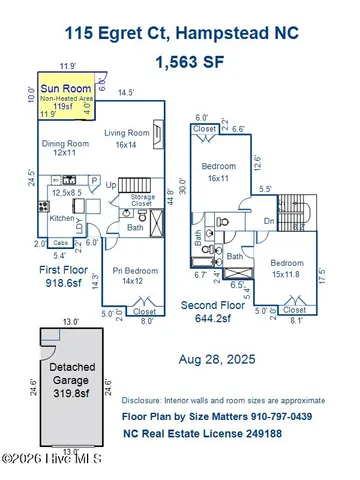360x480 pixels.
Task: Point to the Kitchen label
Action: pyautogui.click(x=63, y=217)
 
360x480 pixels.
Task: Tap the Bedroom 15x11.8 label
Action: pyautogui.click(x=286, y=265)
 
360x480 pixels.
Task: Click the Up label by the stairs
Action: pyautogui.click(x=112, y=186)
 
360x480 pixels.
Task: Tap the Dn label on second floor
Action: pyautogui.click(x=267, y=223)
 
